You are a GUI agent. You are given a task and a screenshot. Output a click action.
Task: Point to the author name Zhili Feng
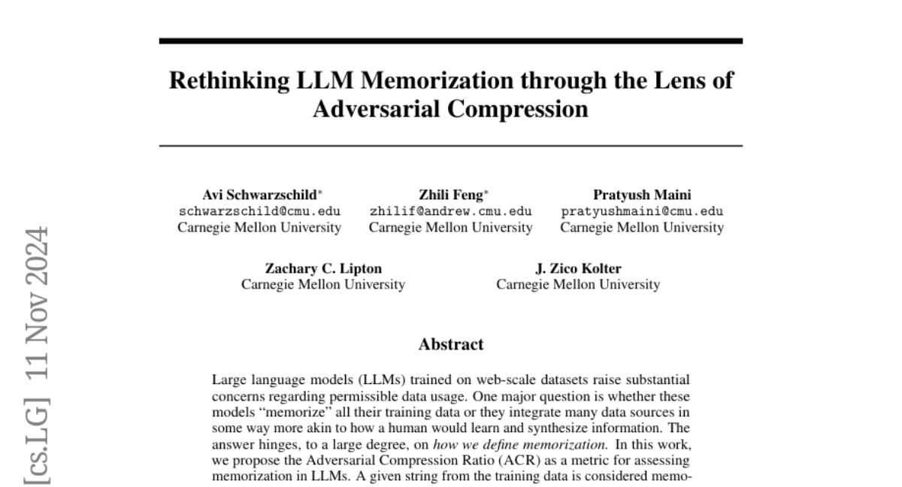[450, 195]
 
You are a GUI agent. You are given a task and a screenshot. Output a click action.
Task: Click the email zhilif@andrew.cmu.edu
[450, 211]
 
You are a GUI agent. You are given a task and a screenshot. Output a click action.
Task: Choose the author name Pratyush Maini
[643, 195]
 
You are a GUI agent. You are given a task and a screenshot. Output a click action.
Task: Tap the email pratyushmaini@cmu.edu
[643, 211]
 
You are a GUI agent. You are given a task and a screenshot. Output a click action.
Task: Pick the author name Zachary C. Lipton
[323, 268]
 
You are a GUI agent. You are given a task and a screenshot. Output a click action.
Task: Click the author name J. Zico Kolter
[578, 268]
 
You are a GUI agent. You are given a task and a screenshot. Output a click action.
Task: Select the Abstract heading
[451, 345]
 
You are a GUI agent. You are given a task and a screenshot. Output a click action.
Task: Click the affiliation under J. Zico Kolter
[578, 284]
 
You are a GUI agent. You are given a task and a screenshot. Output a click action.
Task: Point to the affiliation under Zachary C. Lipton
[323, 284]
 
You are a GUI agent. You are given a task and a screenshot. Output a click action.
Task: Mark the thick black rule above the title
[451, 41]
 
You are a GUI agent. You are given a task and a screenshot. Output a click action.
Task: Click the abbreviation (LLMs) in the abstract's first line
[354, 380]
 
